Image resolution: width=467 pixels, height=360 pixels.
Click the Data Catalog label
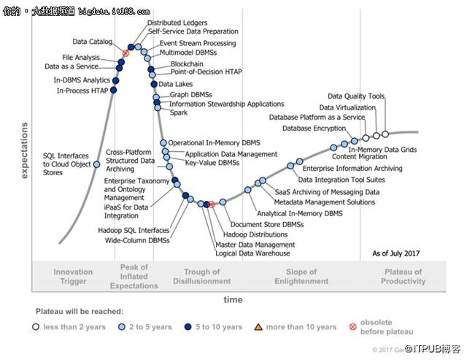pyautogui.click(x=93, y=42)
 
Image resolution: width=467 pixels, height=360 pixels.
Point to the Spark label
pyautogui.click(x=178, y=112)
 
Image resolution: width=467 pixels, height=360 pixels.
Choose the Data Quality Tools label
pyautogui.click(x=356, y=96)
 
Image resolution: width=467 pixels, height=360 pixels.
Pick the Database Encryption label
pyautogui.click(x=314, y=128)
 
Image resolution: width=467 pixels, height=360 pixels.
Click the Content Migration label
pyautogui.click(x=360, y=156)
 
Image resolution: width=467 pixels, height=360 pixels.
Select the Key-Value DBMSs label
pyautogui.click(x=212, y=163)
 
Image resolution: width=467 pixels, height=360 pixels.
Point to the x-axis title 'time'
pyautogui.click(x=233, y=299)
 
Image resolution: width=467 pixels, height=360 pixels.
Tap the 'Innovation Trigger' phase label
pyautogui.click(x=73, y=276)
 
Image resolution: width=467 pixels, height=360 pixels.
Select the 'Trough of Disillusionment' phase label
pyautogui.click(x=196, y=276)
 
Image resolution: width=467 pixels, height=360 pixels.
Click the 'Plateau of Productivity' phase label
pyautogui.click(x=402, y=276)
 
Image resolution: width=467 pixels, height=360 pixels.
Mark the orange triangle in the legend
pyautogui.click(x=257, y=326)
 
